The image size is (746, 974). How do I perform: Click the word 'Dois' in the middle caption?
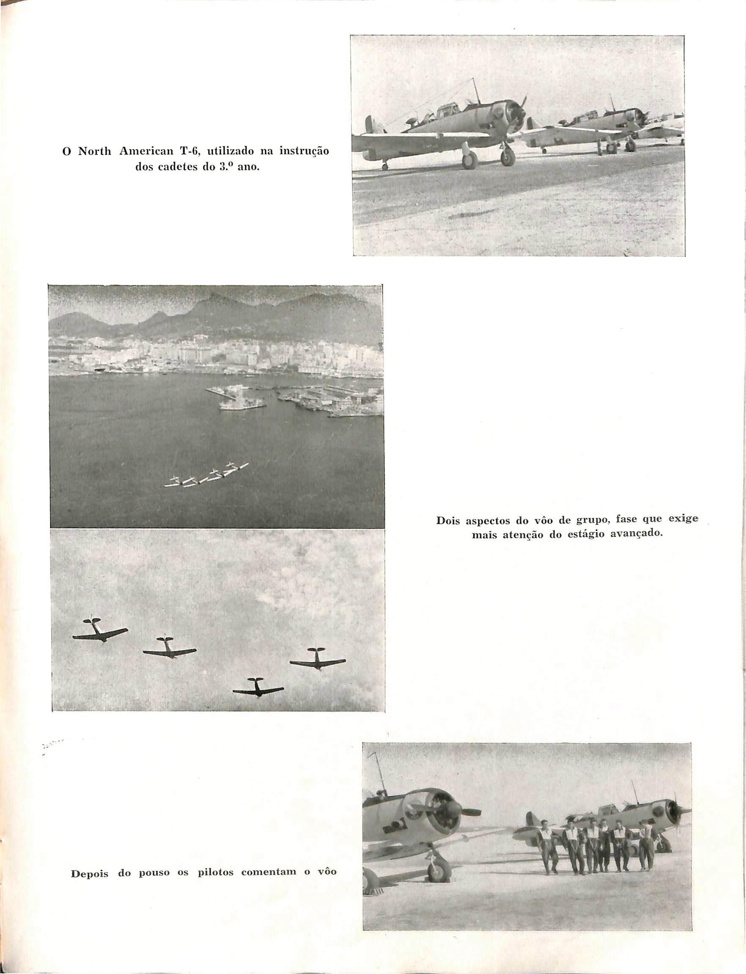[x=448, y=520]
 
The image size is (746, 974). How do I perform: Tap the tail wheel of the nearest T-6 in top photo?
[x=385, y=166]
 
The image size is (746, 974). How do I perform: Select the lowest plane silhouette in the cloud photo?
[x=258, y=689]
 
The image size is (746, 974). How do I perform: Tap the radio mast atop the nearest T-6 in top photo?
[x=476, y=90]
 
